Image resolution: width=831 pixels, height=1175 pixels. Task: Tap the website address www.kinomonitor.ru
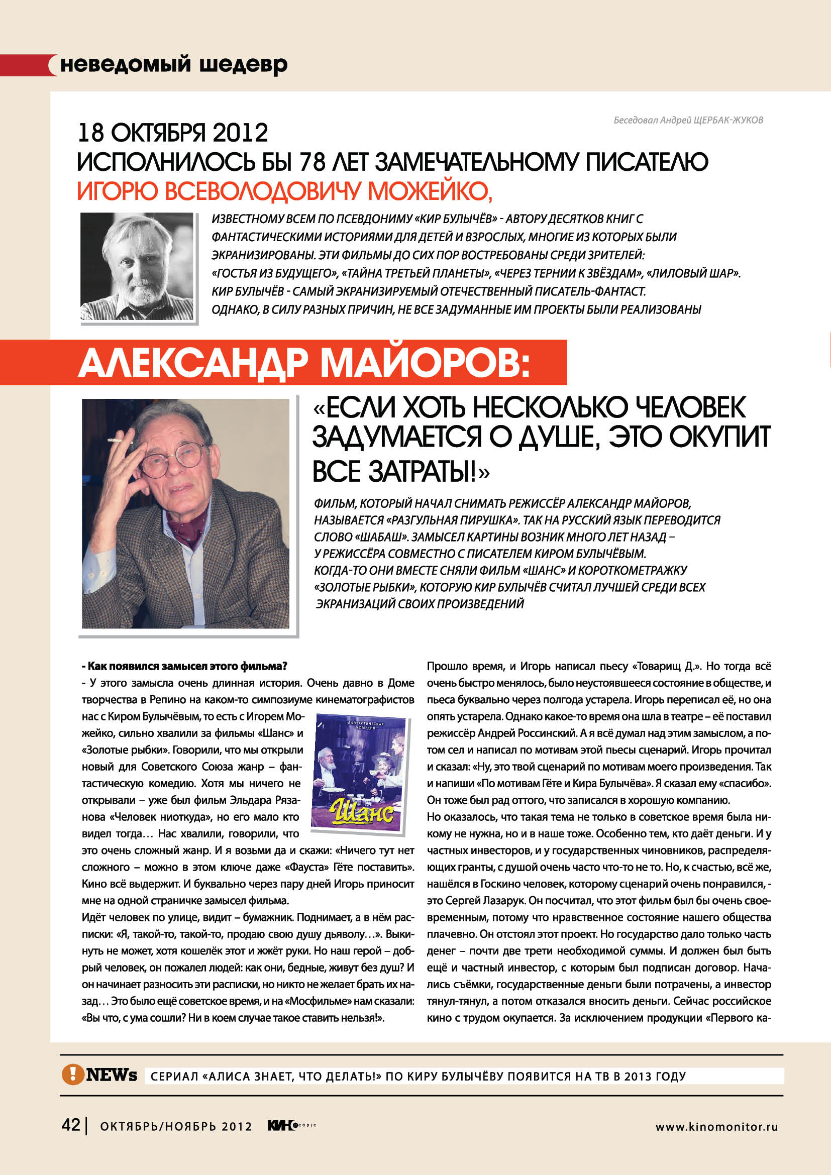pos(716,1126)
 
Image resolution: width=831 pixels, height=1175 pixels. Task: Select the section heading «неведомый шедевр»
pos(174,65)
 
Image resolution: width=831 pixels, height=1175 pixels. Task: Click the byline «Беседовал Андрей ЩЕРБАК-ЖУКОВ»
pos(688,120)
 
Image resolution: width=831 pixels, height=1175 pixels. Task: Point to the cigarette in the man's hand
pos(120,441)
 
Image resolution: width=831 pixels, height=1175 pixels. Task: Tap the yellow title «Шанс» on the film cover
pos(362,811)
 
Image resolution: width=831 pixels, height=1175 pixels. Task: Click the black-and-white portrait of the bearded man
pos(137,266)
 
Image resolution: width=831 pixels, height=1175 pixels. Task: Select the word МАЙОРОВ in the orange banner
pos(425,363)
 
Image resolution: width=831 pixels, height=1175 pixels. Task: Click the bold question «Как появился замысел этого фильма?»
pos(184,666)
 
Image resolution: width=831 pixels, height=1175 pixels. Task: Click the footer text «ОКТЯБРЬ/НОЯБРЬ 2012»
pos(175,1126)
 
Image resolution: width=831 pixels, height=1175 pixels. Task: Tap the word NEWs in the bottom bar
pos(112,1075)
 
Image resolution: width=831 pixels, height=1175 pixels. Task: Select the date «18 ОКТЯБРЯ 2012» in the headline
pos(173,133)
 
